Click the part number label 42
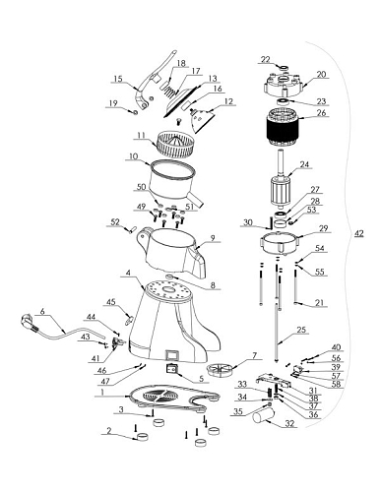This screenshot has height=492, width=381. [x=359, y=233]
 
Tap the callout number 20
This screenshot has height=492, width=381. [x=321, y=74]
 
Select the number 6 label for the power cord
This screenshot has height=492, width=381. [x=42, y=311]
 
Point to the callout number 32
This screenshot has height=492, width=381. [x=289, y=423]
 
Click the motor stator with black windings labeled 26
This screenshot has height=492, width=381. [x=283, y=128]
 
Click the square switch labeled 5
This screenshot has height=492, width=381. [x=171, y=370]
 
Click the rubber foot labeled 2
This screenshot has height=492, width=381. [x=143, y=437]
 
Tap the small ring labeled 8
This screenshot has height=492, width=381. [x=170, y=277]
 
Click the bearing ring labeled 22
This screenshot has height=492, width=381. [x=284, y=68]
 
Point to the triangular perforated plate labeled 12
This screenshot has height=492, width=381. [x=202, y=120]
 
